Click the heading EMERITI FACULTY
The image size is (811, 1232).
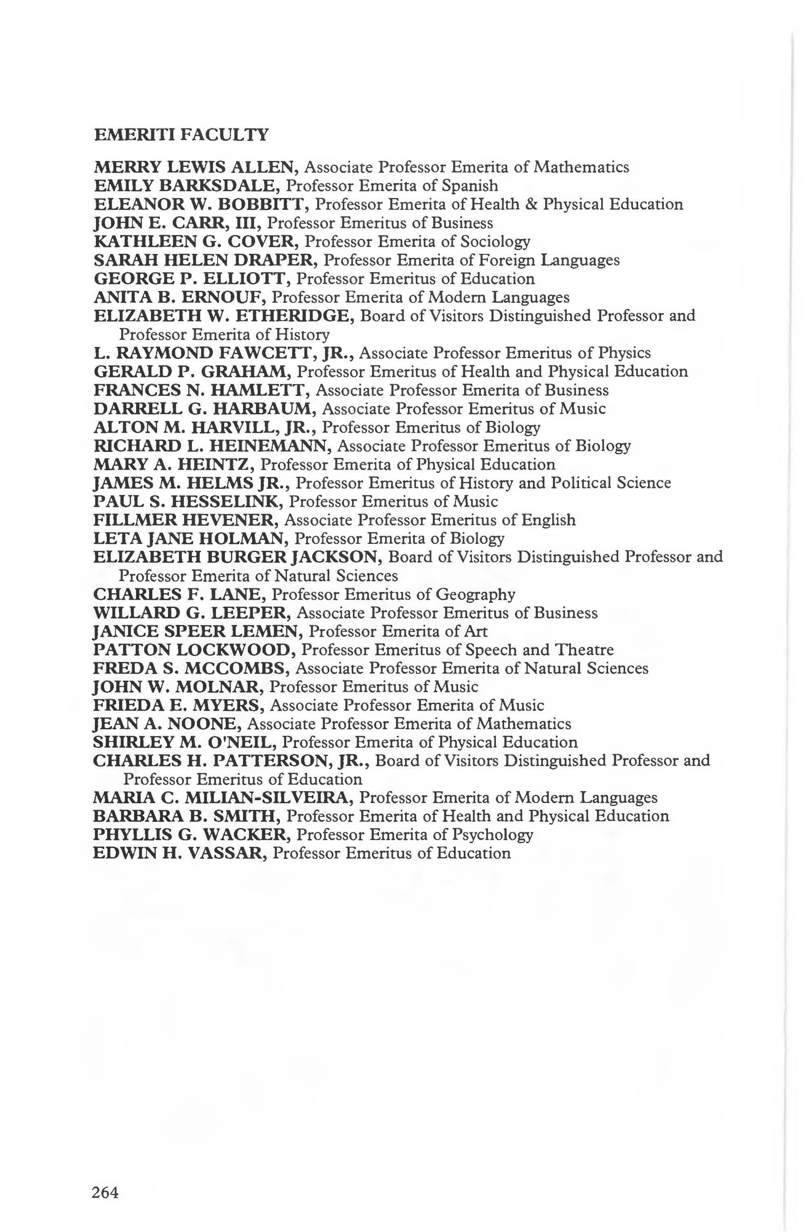(181, 135)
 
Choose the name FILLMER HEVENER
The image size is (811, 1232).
(185, 520)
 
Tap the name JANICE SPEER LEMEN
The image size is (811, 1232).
(196, 631)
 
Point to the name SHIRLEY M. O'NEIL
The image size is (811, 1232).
(184, 743)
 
